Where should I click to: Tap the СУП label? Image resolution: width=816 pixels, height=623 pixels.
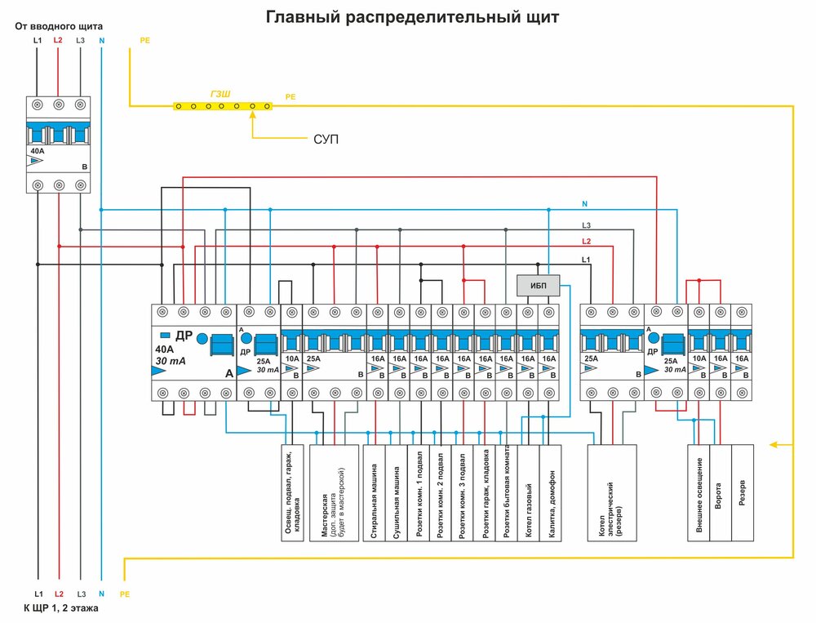click(326, 140)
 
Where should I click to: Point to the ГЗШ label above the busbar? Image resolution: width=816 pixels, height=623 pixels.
click(220, 95)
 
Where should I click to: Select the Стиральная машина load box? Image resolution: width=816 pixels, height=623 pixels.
click(377, 492)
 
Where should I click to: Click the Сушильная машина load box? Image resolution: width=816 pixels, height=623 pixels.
click(398, 492)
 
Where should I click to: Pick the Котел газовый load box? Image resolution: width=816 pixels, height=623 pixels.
click(528, 492)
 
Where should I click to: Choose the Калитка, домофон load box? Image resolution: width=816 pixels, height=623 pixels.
click(551, 492)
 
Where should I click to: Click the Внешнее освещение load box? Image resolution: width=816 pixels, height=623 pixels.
click(699, 492)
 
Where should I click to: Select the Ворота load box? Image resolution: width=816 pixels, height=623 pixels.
click(721, 492)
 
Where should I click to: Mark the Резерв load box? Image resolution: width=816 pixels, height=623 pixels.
click(743, 492)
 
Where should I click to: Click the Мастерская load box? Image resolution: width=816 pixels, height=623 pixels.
click(334, 492)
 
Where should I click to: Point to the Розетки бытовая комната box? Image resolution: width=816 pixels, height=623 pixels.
click(507, 492)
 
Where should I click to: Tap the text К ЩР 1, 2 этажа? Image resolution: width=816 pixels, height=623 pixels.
click(62, 608)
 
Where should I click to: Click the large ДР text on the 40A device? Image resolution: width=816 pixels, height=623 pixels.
click(184, 336)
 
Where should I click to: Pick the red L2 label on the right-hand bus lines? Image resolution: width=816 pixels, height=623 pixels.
click(586, 242)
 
